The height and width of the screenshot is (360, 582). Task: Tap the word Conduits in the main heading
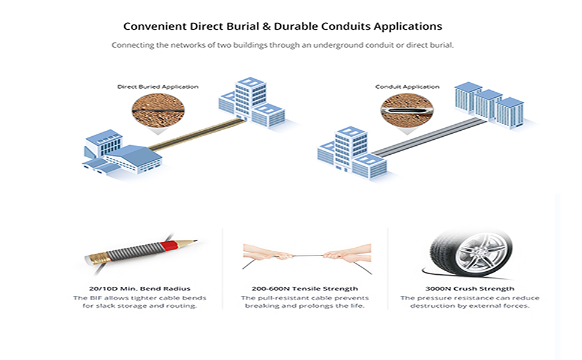[x=346, y=26]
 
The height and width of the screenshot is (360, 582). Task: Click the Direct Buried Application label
[x=158, y=87]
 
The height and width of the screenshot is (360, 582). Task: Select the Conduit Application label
[x=407, y=87]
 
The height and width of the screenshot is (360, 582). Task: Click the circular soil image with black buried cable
[x=158, y=110]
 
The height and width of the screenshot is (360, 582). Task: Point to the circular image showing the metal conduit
[x=407, y=110]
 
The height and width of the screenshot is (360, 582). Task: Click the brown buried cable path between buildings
[x=197, y=134]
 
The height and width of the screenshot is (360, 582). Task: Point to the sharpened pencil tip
[x=195, y=241]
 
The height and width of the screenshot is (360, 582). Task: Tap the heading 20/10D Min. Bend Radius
[x=140, y=289]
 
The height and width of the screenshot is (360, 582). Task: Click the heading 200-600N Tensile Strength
[x=305, y=289]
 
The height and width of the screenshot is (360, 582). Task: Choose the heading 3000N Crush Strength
[x=470, y=289]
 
